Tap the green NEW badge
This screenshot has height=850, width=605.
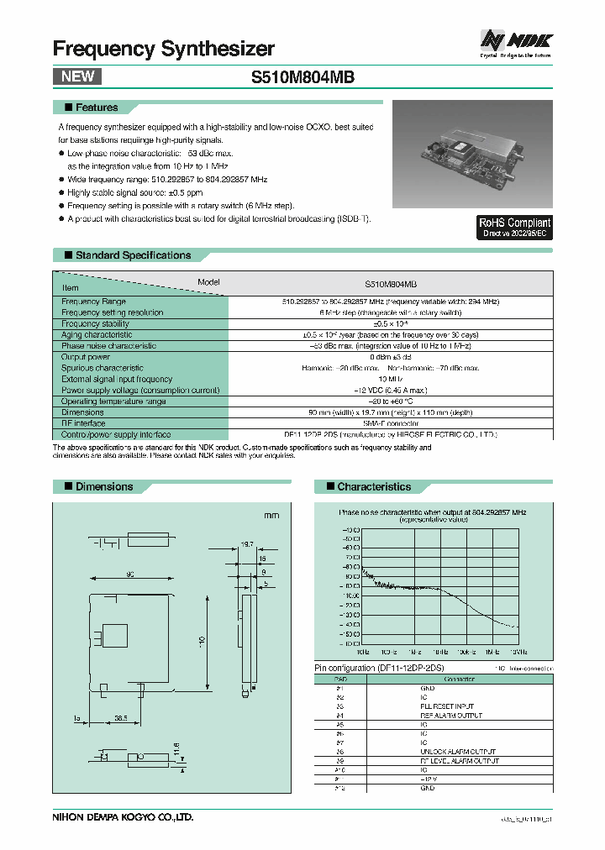[x=76, y=76]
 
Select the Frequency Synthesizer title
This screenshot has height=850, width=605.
[x=164, y=49]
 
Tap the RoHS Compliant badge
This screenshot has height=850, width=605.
[x=513, y=227]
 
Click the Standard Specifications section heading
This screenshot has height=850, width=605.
[x=133, y=255]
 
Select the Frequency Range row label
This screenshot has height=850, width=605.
[x=93, y=302]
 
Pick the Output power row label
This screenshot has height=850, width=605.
[x=86, y=357]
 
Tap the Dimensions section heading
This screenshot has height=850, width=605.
[x=104, y=486]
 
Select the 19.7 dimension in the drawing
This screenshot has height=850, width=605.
[x=247, y=544]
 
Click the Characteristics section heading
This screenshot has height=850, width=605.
[x=374, y=486]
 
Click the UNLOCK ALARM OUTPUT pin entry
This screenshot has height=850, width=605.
[x=459, y=751]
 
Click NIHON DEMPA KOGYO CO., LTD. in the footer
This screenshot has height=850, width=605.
[x=124, y=816]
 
